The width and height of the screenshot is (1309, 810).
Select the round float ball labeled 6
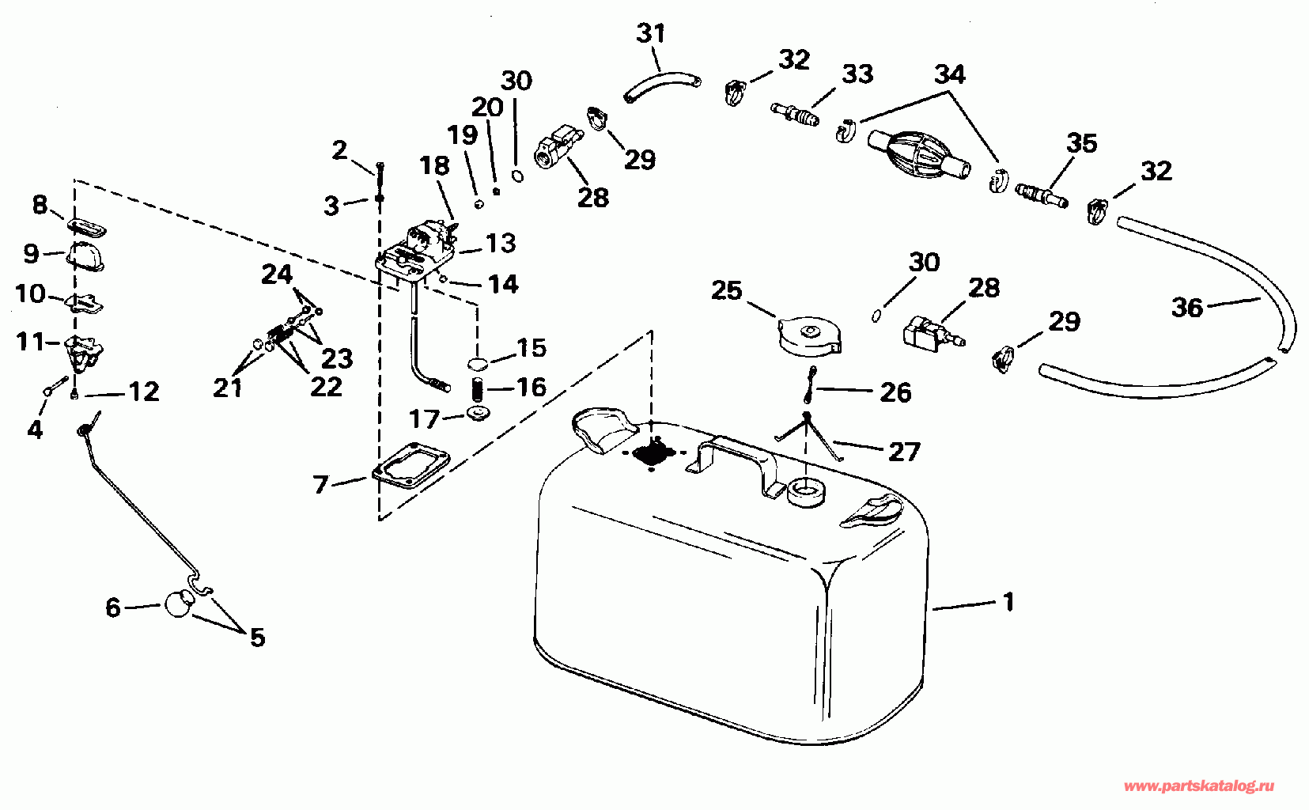pos(180,603)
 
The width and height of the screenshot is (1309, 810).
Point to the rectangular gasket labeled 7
pos(410,464)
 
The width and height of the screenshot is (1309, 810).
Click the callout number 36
pos(1187,308)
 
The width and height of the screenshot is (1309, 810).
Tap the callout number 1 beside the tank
pos(1008,602)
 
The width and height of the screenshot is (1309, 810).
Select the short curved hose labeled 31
pos(661,85)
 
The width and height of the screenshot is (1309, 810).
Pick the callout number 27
pos(904,452)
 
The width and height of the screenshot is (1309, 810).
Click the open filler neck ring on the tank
pos(807,492)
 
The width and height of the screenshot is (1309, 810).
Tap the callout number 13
pos(500,243)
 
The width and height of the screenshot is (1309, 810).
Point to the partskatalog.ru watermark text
pos(1198,786)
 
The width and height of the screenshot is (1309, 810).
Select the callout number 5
pos(258,637)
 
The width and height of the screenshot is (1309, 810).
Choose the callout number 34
pos(950,74)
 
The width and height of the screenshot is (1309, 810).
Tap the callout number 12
pos(144,392)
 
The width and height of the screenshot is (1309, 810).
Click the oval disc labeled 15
pos(478,364)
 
